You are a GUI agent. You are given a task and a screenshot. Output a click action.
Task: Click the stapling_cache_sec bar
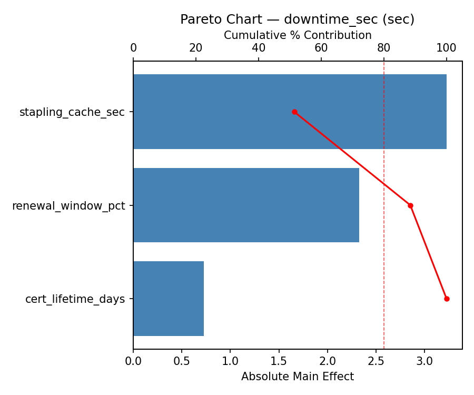[290, 112]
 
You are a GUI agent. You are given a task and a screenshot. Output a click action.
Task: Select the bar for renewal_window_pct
[246, 205]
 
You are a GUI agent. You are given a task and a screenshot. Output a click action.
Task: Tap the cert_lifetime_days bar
[169, 299]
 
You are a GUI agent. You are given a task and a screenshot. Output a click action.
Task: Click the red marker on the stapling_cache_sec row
[294, 112]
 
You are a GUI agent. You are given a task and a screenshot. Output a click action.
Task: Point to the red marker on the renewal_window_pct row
[410, 205]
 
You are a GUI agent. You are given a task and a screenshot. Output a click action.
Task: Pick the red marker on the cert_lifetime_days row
[447, 299]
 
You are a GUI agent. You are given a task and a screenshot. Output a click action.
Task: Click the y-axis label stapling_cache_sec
[72, 112]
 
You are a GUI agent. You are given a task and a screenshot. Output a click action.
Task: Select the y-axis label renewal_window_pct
[68, 206]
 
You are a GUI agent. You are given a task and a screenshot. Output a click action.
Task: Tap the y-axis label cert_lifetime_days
[75, 299]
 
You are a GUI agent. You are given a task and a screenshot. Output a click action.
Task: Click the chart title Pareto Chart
[297, 19]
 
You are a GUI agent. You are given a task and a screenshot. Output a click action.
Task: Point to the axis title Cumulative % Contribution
[298, 35]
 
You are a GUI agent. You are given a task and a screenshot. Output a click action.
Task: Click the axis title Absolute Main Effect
[298, 377]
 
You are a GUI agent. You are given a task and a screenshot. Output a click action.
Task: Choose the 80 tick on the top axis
[384, 48]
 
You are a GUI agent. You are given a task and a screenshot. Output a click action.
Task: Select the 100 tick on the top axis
[447, 48]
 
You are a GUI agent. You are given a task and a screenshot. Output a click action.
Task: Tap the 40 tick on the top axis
[259, 48]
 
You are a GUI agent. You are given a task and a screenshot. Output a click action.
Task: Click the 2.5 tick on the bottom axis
[376, 361]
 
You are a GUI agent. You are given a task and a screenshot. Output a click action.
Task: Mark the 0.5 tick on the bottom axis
[182, 361]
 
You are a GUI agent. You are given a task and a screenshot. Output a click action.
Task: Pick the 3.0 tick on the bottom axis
[424, 361]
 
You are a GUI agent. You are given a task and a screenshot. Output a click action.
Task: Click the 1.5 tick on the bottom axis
[279, 361]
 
